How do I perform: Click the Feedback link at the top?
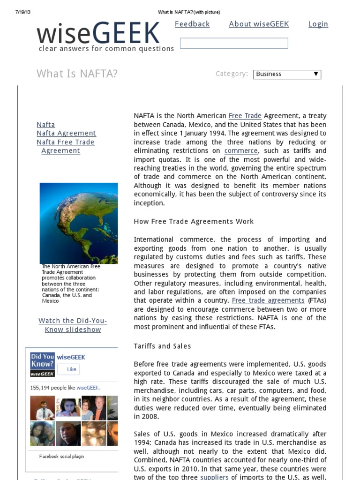tap(192, 24)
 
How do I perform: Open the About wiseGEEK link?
tap(259, 24)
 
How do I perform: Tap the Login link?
tap(318, 24)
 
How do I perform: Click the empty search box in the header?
tap(233, 44)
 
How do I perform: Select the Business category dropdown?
tap(287, 74)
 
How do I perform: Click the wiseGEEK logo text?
tap(98, 33)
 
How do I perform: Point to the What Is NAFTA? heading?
tap(77, 74)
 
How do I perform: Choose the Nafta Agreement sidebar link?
tap(66, 133)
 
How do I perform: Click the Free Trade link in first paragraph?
tap(245, 116)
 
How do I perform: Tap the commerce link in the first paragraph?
tap(241, 151)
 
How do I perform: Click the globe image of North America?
tap(79, 223)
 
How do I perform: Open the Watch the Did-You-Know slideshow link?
tap(73, 325)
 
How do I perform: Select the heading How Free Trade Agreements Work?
tap(194, 221)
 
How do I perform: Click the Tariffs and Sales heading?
tap(162, 346)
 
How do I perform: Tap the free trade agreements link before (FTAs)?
tap(268, 300)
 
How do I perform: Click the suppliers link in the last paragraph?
tap(215, 477)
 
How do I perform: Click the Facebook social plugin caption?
tap(61, 456)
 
